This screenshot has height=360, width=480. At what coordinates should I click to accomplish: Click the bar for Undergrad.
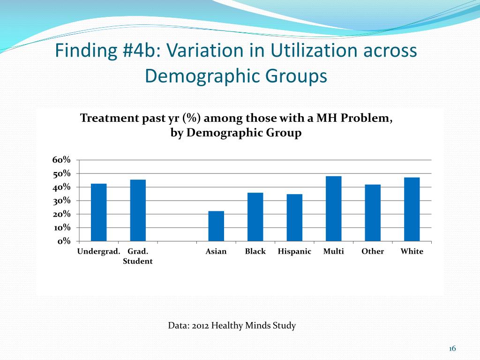click(98, 212)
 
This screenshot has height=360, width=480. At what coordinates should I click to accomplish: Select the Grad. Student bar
click(138, 210)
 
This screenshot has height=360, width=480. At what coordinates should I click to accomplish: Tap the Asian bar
click(216, 226)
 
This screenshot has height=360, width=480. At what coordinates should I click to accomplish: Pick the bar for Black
click(255, 217)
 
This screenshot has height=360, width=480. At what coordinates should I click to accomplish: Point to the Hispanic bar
click(294, 217)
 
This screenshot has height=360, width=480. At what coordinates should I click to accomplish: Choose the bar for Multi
click(334, 209)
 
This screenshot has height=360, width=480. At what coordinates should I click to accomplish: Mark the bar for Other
click(373, 213)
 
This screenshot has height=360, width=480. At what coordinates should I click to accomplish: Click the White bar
click(412, 209)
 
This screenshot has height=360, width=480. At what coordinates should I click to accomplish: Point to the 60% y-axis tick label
click(61, 160)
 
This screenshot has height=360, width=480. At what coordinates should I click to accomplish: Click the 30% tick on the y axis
click(61, 201)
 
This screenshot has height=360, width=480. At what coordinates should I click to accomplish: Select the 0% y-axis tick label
click(64, 241)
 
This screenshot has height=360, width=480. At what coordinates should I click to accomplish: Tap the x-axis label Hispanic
click(294, 252)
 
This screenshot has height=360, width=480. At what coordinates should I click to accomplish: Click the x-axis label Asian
click(216, 252)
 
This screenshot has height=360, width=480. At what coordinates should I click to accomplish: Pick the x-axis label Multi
click(334, 252)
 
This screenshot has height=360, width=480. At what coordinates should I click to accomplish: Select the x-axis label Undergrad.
click(98, 252)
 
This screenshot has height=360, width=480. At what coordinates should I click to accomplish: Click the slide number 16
click(452, 348)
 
